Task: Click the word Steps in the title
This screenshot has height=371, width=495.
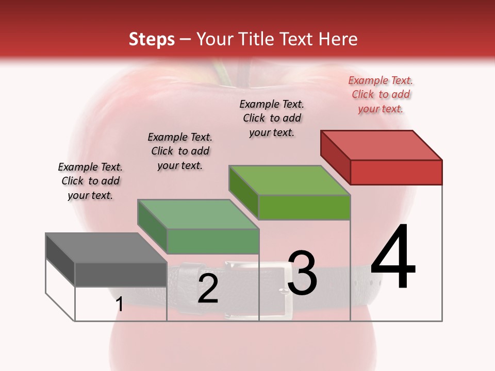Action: point(152,39)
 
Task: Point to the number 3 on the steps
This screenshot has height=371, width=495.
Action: point(302,273)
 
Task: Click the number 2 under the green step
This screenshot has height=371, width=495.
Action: point(208,289)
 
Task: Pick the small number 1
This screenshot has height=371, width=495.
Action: point(119,305)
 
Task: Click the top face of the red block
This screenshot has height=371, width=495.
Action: point(382,145)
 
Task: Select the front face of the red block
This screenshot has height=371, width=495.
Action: point(396,172)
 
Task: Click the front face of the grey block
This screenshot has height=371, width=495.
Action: point(121,274)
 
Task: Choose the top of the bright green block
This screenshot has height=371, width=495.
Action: point(290,180)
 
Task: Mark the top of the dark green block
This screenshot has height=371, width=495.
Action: point(198,214)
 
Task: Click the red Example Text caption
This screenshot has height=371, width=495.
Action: point(381,94)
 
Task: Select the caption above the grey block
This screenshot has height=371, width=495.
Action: point(90,181)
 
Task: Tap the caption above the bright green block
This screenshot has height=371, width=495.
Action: point(272,118)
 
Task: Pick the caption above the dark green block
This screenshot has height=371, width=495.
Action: point(180,151)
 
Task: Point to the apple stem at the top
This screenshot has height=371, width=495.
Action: point(226,72)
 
